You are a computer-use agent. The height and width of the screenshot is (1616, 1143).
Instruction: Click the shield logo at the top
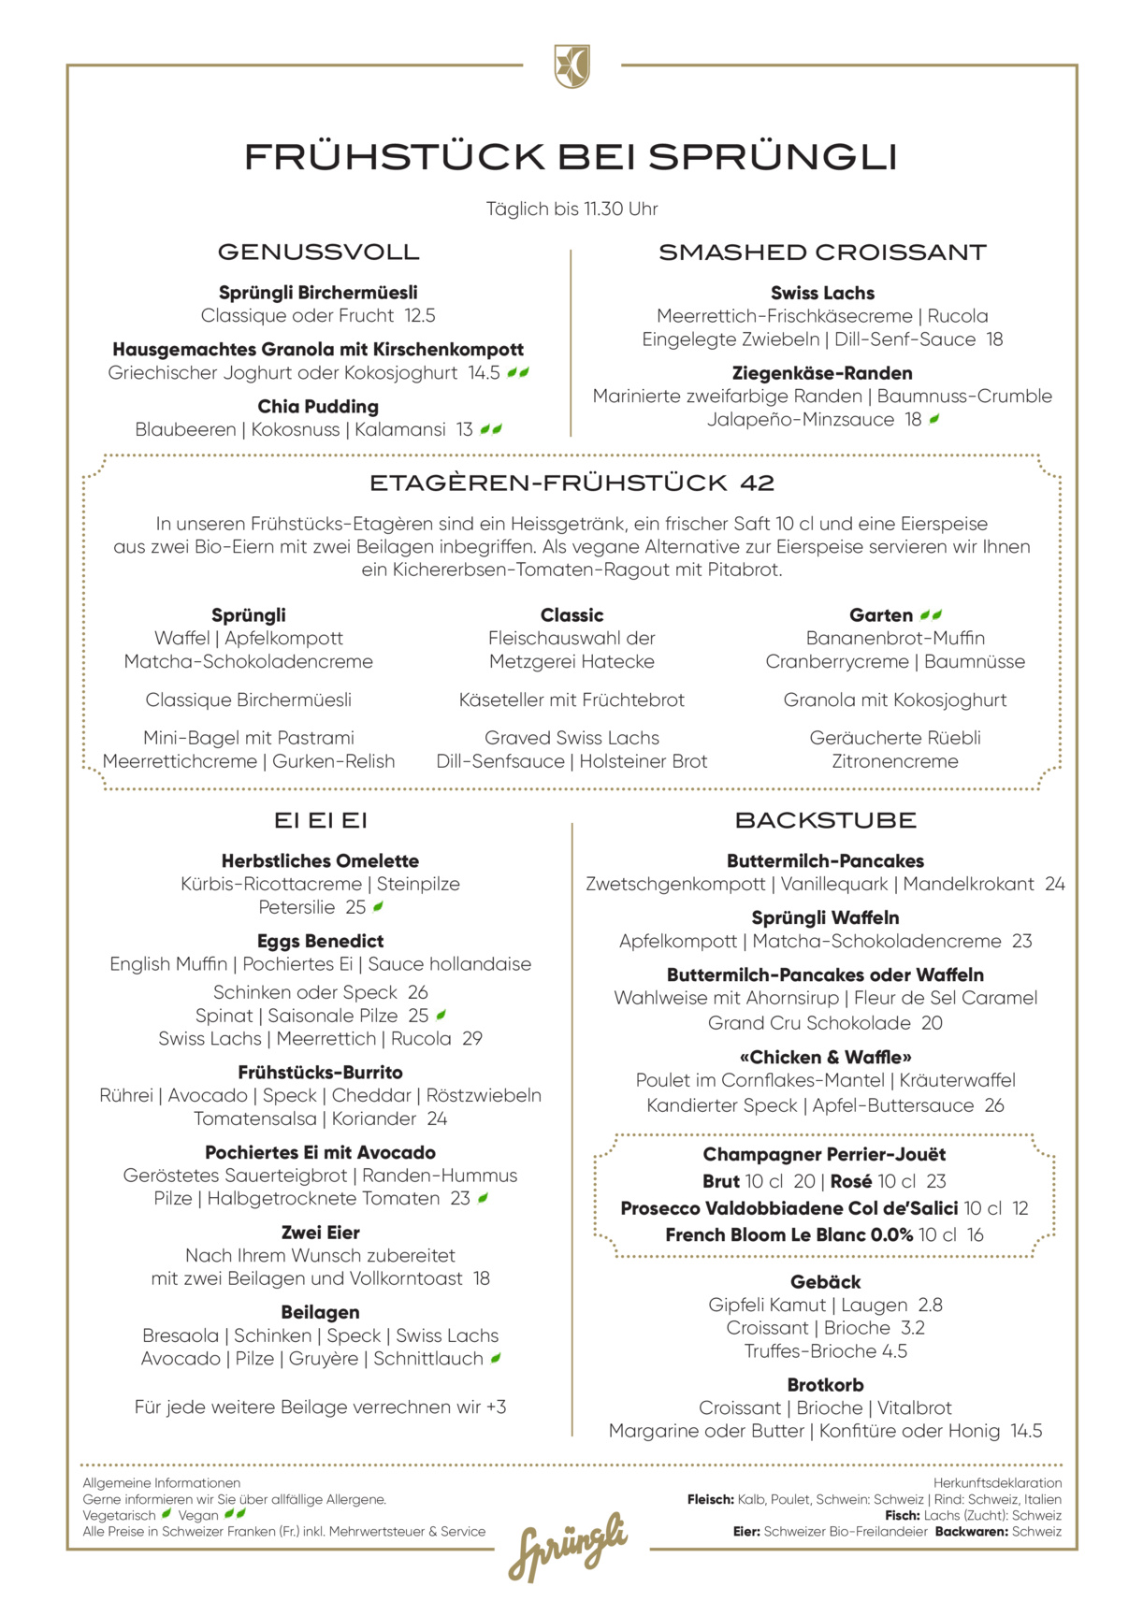point(571,66)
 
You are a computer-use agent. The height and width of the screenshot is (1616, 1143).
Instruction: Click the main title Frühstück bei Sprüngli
point(571,157)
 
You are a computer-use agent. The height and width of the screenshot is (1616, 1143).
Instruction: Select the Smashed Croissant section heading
point(822,252)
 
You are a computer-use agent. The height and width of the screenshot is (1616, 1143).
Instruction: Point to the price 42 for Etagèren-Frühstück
point(757,483)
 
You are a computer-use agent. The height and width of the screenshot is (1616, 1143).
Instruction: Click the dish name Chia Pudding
point(318,407)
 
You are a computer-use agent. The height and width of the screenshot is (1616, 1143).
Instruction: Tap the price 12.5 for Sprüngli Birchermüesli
point(420,316)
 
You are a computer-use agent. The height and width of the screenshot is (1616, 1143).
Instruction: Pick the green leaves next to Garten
point(931,615)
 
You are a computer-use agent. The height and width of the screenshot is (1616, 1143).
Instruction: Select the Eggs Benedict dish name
point(320,941)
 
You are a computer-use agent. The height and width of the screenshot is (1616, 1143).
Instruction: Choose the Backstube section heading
point(825,821)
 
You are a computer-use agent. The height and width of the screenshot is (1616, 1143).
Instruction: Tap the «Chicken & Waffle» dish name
point(825,1058)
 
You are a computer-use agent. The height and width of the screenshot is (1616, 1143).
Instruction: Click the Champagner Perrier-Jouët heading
point(824,1155)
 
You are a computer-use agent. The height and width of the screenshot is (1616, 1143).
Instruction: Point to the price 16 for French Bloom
point(975,1235)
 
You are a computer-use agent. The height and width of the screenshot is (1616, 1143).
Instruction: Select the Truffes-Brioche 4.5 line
point(825,1351)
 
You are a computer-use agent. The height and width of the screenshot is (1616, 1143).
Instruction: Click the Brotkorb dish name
point(825,1385)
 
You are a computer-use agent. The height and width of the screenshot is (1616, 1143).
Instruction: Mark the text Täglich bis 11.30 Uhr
point(571,209)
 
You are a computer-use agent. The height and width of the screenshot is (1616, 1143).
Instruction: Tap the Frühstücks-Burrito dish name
point(320,1073)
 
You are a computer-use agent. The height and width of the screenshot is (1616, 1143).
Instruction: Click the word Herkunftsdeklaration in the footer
point(997,1483)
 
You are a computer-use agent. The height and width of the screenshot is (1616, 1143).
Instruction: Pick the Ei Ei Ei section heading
point(320,821)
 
